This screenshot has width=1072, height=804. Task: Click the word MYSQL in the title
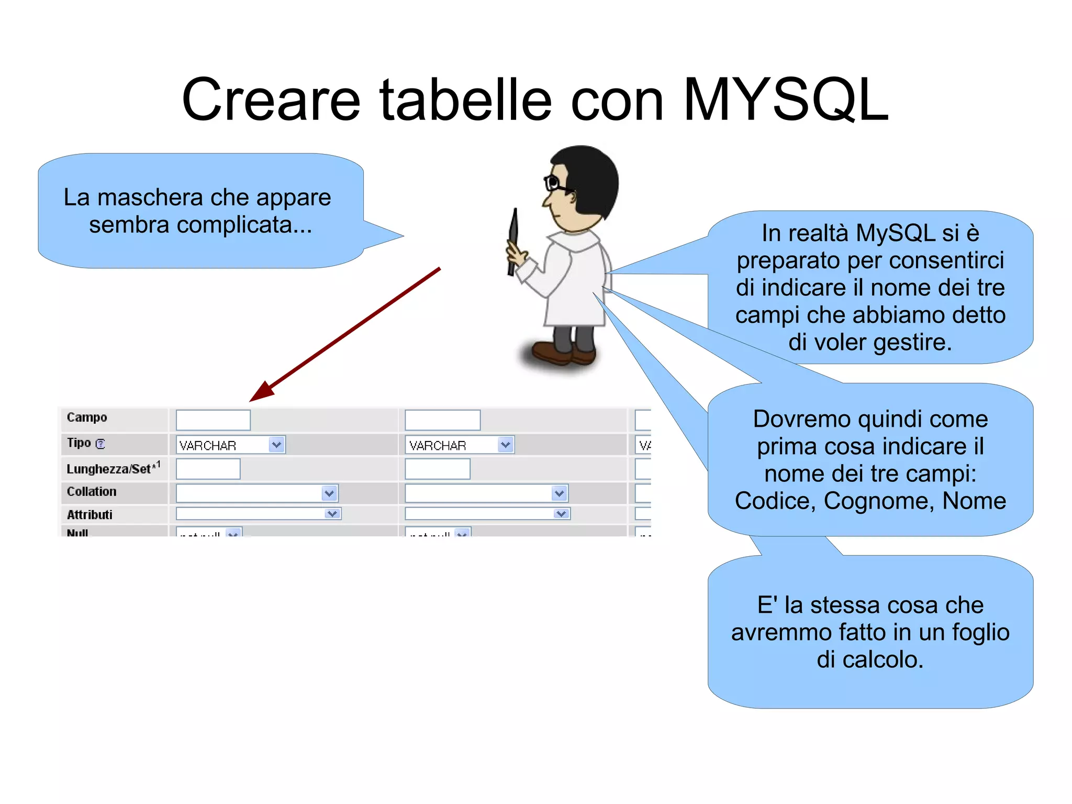coord(785,100)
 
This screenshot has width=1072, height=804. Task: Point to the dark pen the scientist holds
coord(513,241)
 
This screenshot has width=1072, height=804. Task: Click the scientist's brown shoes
coord(563,354)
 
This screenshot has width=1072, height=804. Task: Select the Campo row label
coord(87,417)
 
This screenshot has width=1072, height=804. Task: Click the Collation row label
coord(92,491)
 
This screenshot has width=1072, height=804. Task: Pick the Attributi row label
coord(90,514)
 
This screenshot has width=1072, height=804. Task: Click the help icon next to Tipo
coord(100,444)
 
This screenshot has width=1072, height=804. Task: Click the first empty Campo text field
coord(213,420)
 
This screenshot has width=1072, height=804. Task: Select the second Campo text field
coord(442,420)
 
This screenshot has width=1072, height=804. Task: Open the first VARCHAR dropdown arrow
coord(276,445)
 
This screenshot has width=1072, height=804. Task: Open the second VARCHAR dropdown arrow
coord(505,445)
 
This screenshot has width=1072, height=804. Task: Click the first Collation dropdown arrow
coord(329,493)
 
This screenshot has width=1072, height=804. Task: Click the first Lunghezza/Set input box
coord(208,469)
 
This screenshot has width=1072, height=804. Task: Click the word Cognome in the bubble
coord(879,501)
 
